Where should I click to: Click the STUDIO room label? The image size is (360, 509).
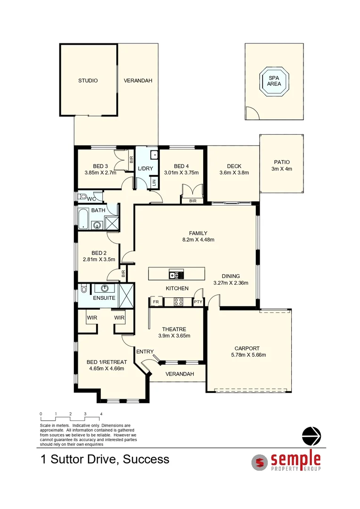(x=88, y=81)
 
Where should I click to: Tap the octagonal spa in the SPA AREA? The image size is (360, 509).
(x=274, y=81)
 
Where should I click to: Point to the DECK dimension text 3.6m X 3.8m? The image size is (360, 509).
(x=234, y=172)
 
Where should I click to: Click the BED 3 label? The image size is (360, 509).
(x=100, y=166)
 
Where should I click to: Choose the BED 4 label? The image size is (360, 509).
(x=181, y=166)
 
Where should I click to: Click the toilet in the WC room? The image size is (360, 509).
(x=83, y=197)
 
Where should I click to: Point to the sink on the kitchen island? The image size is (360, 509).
(x=174, y=274)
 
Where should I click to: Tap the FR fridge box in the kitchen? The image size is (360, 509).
(x=155, y=302)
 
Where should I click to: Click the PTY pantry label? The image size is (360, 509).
(x=198, y=302)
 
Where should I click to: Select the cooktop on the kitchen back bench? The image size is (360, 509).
(x=179, y=302)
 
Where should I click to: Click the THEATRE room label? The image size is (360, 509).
(x=174, y=329)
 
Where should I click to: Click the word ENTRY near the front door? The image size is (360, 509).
(x=145, y=352)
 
